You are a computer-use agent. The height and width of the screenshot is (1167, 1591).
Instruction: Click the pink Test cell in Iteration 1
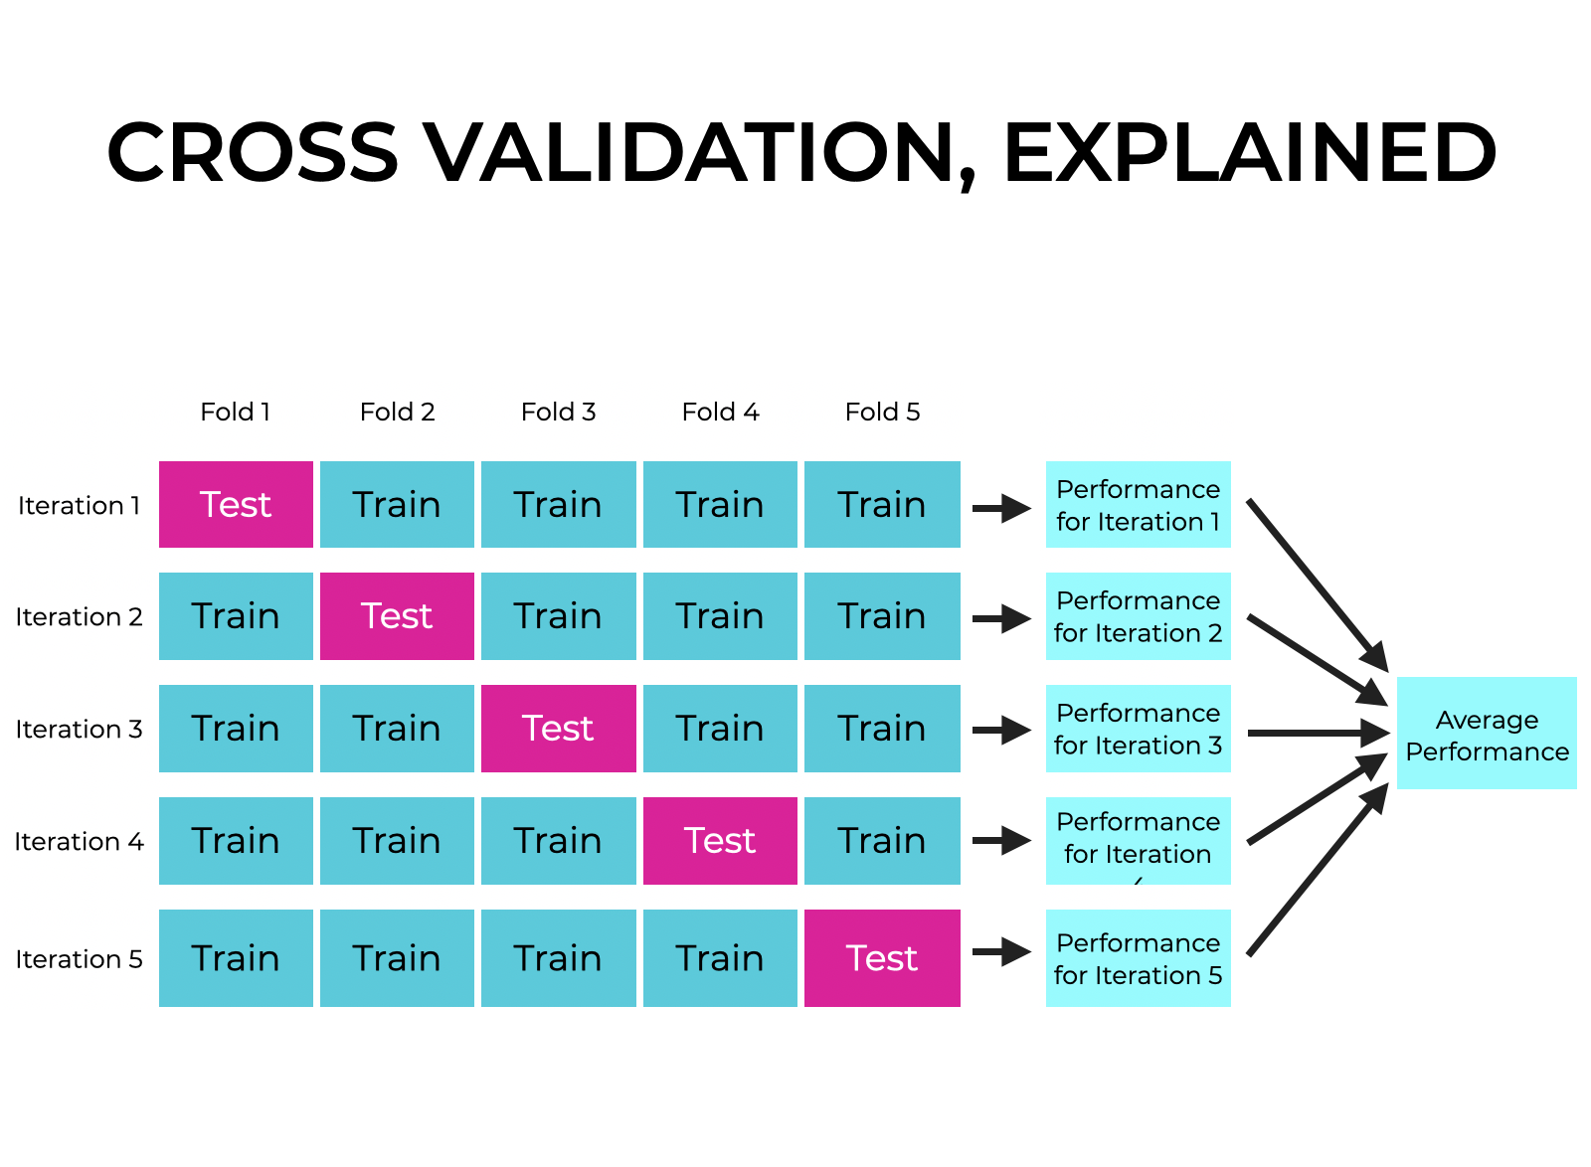pos(236,504)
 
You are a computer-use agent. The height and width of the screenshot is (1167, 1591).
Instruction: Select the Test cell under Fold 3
pos(558,728)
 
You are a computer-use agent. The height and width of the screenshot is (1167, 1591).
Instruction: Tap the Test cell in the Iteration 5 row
pos(882,957)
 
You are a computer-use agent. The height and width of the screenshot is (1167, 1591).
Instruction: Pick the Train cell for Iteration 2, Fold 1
pos(236,615)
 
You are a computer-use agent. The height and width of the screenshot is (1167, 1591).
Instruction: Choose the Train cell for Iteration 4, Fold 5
pos(882,840)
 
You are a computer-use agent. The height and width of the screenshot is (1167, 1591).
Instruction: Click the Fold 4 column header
pos(720,412)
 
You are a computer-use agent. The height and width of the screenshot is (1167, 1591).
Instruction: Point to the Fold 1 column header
pos(236,412)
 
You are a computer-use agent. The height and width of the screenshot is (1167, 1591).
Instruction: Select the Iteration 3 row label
pos(79,729)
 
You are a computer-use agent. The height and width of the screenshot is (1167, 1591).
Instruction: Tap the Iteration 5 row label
pos(79,958)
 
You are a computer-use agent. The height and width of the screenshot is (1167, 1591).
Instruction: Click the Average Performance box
pos(1487,734)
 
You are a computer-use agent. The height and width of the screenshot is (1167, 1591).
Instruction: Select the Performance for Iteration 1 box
pos(1138,504)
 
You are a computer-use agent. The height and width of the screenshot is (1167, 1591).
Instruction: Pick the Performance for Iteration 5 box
pos(1138,957)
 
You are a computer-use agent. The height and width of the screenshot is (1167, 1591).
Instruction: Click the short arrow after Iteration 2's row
pos(1001,618)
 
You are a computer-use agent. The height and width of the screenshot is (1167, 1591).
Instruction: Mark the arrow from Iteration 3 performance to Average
pos(1318,733)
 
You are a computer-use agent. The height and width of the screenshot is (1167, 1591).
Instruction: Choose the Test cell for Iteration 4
pos(720,840)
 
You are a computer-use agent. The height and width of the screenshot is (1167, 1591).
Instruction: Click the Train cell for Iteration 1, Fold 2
pos(397,504)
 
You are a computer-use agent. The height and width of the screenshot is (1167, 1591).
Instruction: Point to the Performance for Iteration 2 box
pos(1138,615)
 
